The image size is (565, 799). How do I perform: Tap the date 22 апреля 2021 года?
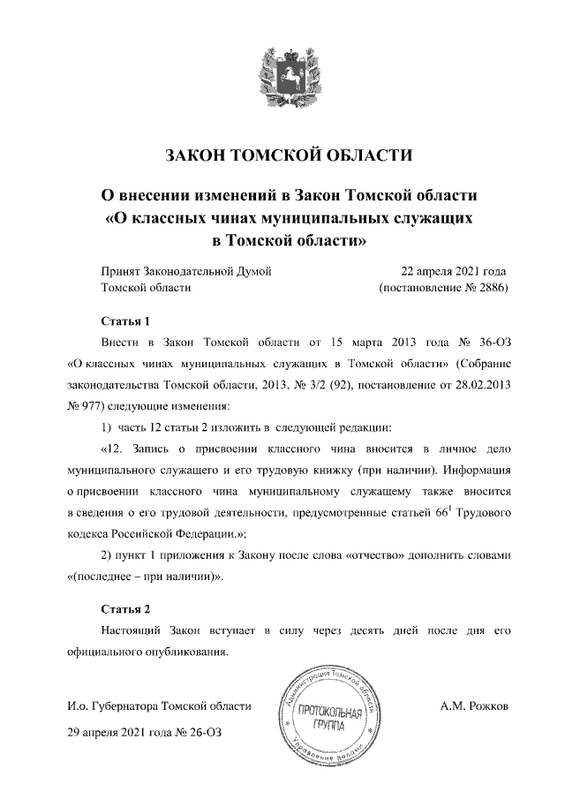(453, 271)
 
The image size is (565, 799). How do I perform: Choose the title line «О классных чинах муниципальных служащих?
(290, 216)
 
